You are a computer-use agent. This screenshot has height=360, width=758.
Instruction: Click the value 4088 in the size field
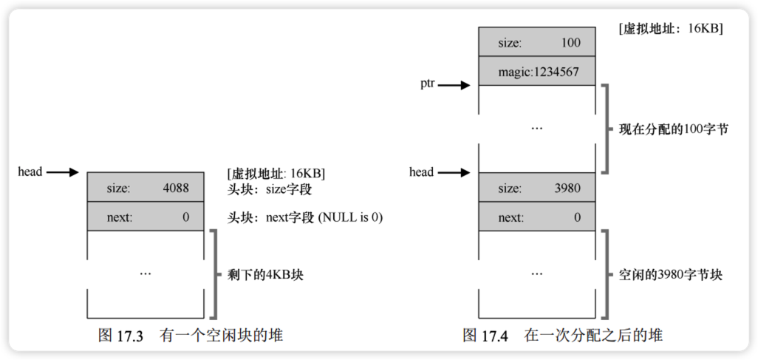pos(176,189)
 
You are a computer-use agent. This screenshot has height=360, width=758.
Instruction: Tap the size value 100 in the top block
pos(570,43)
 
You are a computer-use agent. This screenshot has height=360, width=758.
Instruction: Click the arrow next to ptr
pos(454,85)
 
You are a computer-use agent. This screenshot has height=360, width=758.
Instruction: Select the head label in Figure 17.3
pos(30,172)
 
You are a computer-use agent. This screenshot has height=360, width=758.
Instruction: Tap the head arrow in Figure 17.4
pos(454,172)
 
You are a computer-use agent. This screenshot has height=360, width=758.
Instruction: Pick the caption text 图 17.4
pos(485,336)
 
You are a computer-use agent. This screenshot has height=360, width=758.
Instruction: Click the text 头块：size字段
pos(271,189)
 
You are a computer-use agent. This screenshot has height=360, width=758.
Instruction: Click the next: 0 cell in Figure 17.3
pos(146,217)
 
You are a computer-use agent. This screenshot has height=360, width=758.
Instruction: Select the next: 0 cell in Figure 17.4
pos(536,217)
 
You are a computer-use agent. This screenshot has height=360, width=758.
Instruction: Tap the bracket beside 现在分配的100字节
pos(605,129)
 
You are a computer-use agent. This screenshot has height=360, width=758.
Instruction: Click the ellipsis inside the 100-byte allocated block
pos(536,128)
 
